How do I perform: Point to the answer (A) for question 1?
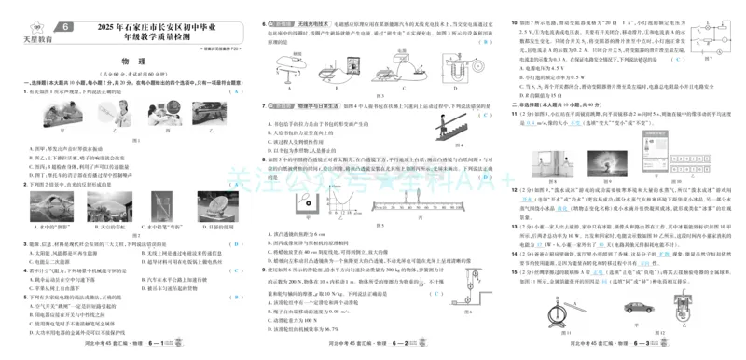[x=237, y=91]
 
